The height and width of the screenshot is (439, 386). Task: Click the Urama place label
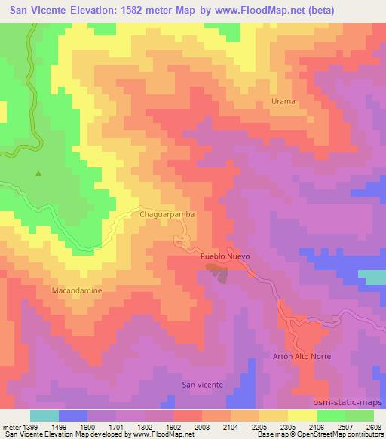pyautogui.click(x=283, y=100)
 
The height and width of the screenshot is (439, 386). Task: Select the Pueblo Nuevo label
pyautogui.click(x=225, y=256)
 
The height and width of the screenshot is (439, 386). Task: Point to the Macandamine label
pyautogui.click(x=76, y=290)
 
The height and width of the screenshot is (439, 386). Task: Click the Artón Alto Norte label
pyautogui.click(x=302, y=355)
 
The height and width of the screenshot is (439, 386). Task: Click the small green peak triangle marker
pyautogui.click(x=38, y=173)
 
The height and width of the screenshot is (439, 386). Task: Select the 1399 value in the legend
pyautogui.click(x=31, y=427)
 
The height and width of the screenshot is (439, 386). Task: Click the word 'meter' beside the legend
pyautogui.click(x=11, y=427)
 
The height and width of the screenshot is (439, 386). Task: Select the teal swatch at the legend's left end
pyautogui.click(x=44, y=416)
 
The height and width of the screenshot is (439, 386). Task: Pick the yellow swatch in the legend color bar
pyautogui.click(x=302, y=416)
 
